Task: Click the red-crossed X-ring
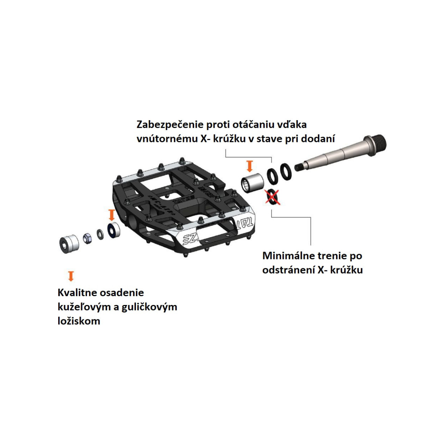tap(273, 197)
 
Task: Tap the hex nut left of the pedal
tap(87, 238)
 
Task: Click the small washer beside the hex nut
tap(100, 234)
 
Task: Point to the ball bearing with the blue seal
tap(114, 230)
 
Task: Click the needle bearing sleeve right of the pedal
tap(252, 183)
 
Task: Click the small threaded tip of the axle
tap(300, 167)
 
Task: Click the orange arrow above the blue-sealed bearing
tap(112, 215)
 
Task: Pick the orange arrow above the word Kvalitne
tap(71, 276)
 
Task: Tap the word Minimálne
tap(288, 256)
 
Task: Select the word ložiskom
tap(79, 321)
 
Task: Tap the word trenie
tap(332, 256)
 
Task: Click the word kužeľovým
tap(84, 307)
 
